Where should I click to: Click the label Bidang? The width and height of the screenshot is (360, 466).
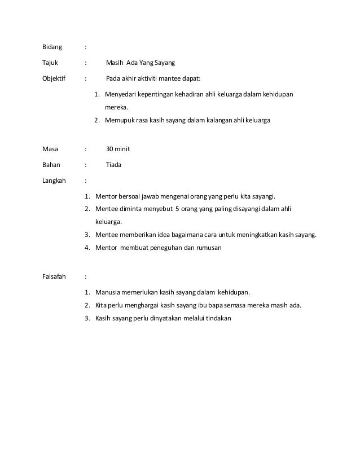click(53, 46)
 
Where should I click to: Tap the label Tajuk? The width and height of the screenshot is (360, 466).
click(51, 63)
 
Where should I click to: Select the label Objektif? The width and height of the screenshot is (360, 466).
click(54, 78)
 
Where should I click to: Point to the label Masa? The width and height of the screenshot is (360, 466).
click(51, 150)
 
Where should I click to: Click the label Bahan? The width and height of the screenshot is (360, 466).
click(51, 165)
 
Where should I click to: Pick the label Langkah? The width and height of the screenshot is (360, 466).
click(54, 181)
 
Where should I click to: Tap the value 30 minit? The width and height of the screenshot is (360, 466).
click(118, 150)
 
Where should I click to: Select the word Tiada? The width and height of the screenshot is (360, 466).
click(113, 165)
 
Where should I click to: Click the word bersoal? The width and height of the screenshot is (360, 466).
click(131, 197)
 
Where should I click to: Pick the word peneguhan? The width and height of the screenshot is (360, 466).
click(161, 248)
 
